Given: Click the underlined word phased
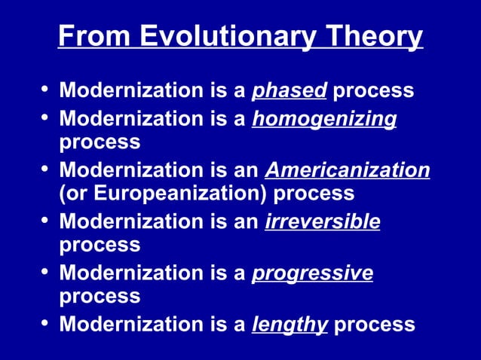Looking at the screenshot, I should click(290, 91).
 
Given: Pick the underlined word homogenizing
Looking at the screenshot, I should click(324, 119).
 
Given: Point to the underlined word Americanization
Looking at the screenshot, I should click(348, 170).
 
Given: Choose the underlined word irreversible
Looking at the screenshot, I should click(323, 221).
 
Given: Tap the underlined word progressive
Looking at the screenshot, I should click(312, 273).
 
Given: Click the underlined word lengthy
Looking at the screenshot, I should click(290, 325).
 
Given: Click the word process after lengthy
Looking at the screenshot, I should click(374, 325).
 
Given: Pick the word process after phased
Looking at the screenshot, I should click(374, 91).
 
